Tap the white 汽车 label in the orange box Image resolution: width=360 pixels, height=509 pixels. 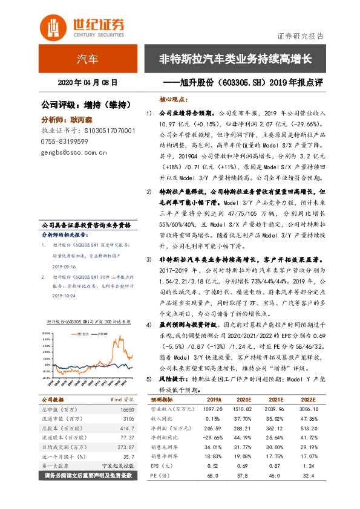coord(87,59)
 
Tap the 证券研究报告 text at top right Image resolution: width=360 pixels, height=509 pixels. coord(300,36)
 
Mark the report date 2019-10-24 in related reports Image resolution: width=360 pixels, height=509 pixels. coord(62,296)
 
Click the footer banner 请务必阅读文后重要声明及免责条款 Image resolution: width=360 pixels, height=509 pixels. coord(87,477)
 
